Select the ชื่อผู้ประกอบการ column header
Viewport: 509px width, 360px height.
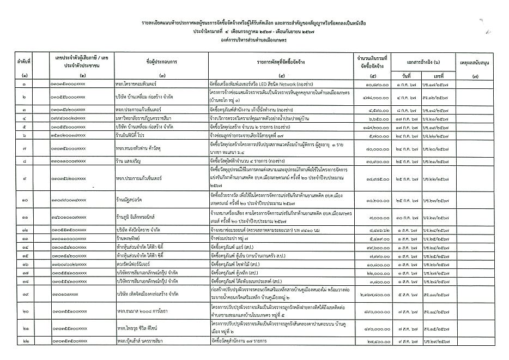(163, 61)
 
